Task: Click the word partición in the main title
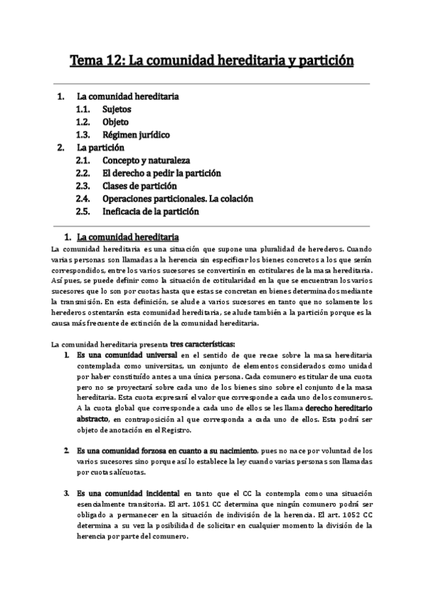click(319, 62)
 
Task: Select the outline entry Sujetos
click(116, 110)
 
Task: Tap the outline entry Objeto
click(114, 122)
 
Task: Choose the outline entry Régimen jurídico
click(136, 135)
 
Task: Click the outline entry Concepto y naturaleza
click(146, 161)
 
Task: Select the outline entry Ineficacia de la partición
click(151, 212)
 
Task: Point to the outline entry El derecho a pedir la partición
click(162, 173)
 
